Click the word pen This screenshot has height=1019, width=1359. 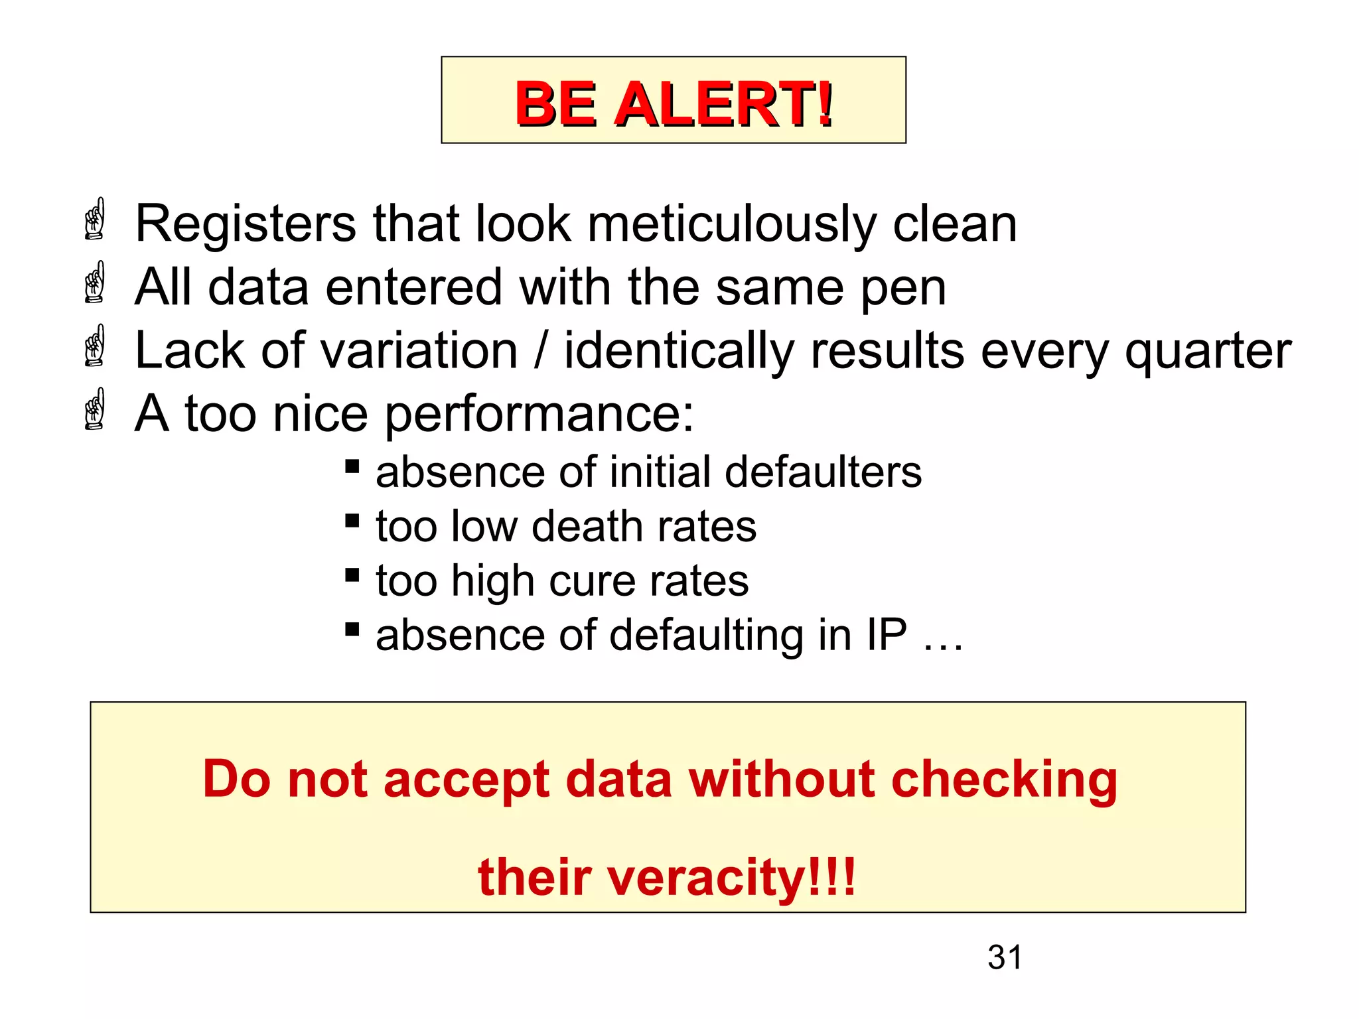click(903, 289)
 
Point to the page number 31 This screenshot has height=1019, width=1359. click(1005, 957)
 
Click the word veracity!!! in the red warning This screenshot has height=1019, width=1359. click(666, 878)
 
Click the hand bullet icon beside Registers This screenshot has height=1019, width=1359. click(96, 219)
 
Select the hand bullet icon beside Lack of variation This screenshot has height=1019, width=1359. click(96, 346)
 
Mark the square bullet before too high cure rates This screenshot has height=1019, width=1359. click(352, 575)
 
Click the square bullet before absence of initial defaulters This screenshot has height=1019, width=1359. click(352, 466)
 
